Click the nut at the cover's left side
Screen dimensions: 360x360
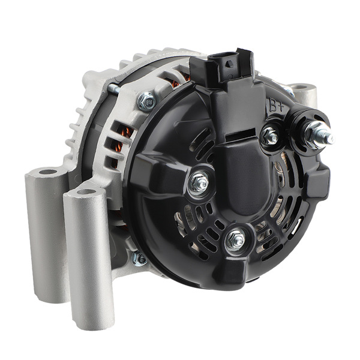coord(198,182)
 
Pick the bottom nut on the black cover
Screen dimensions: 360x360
coord(236,240)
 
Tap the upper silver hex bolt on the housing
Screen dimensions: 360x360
coord(146,101)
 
